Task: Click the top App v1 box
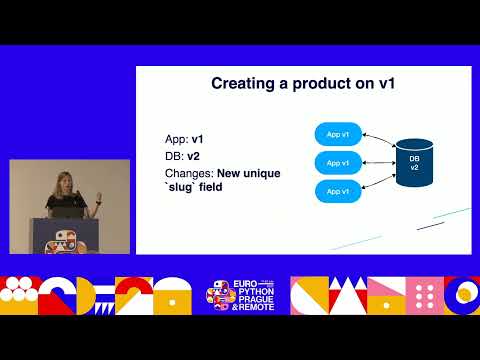337,134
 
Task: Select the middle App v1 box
337,162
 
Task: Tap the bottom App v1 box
337,190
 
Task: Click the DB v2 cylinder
413,163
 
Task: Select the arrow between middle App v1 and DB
377,162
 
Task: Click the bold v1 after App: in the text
199,140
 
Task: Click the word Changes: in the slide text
189,173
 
